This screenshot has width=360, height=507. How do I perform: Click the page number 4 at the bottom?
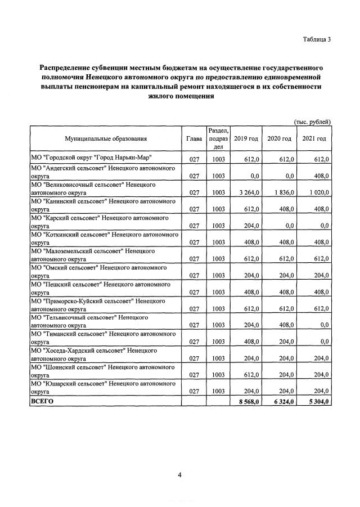[x=179, y=474]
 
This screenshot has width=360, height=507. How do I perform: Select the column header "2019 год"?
[x=246, y=138]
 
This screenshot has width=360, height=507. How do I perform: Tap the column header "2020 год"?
[x=279, y=138]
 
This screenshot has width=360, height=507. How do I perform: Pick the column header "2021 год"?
[x=314, y=138]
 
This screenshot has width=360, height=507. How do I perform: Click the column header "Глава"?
[x=194, y=138]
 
